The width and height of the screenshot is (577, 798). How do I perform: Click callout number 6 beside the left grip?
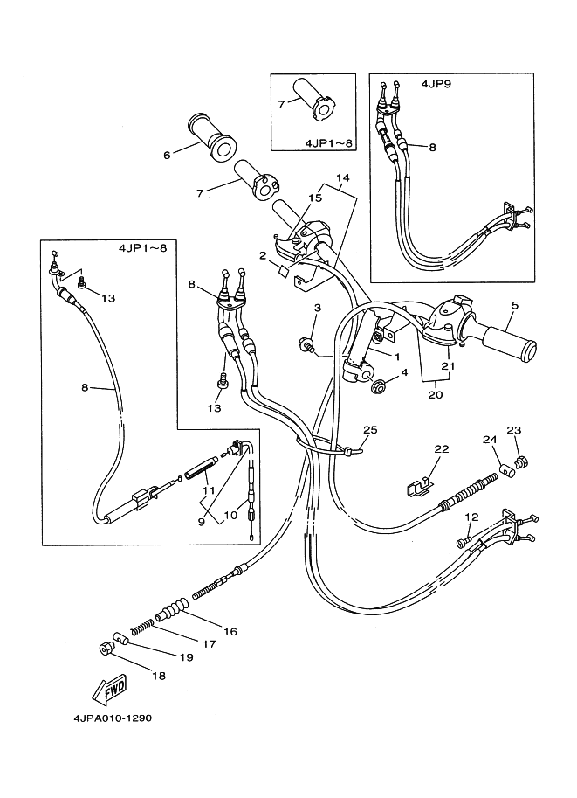point(166,156)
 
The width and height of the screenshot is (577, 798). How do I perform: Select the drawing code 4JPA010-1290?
point(112,720)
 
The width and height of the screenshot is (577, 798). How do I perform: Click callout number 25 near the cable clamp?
point(370,430)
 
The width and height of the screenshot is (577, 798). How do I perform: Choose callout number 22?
point(442,448)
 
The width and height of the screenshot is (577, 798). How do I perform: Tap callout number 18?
point(158,676)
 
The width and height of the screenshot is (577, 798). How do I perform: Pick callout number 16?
point(230,630)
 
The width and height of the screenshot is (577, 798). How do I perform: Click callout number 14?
point(342,177)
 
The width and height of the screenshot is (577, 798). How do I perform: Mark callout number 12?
point(471,517)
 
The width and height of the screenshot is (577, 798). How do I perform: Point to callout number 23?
point(513,429)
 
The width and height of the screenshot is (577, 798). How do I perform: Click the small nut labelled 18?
point(104,648)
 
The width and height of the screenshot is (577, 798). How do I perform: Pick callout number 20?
point(436,394)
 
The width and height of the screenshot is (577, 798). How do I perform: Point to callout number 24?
point(490,439)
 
